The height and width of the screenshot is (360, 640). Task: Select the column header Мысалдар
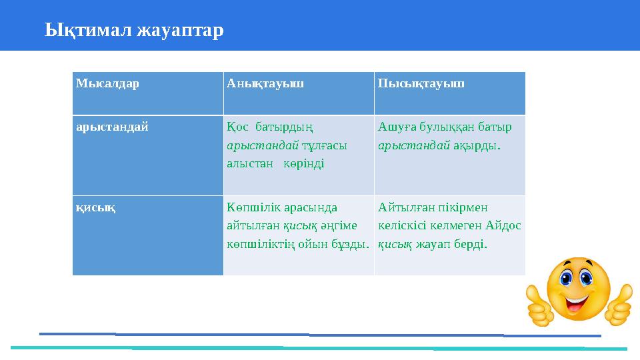[107, 84]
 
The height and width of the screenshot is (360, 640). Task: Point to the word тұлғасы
[326, 145]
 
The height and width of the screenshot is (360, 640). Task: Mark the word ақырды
[477, 145]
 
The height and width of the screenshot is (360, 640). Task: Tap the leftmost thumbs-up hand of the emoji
[541, 305]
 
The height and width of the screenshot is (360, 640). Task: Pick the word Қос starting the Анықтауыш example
[237, 126]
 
